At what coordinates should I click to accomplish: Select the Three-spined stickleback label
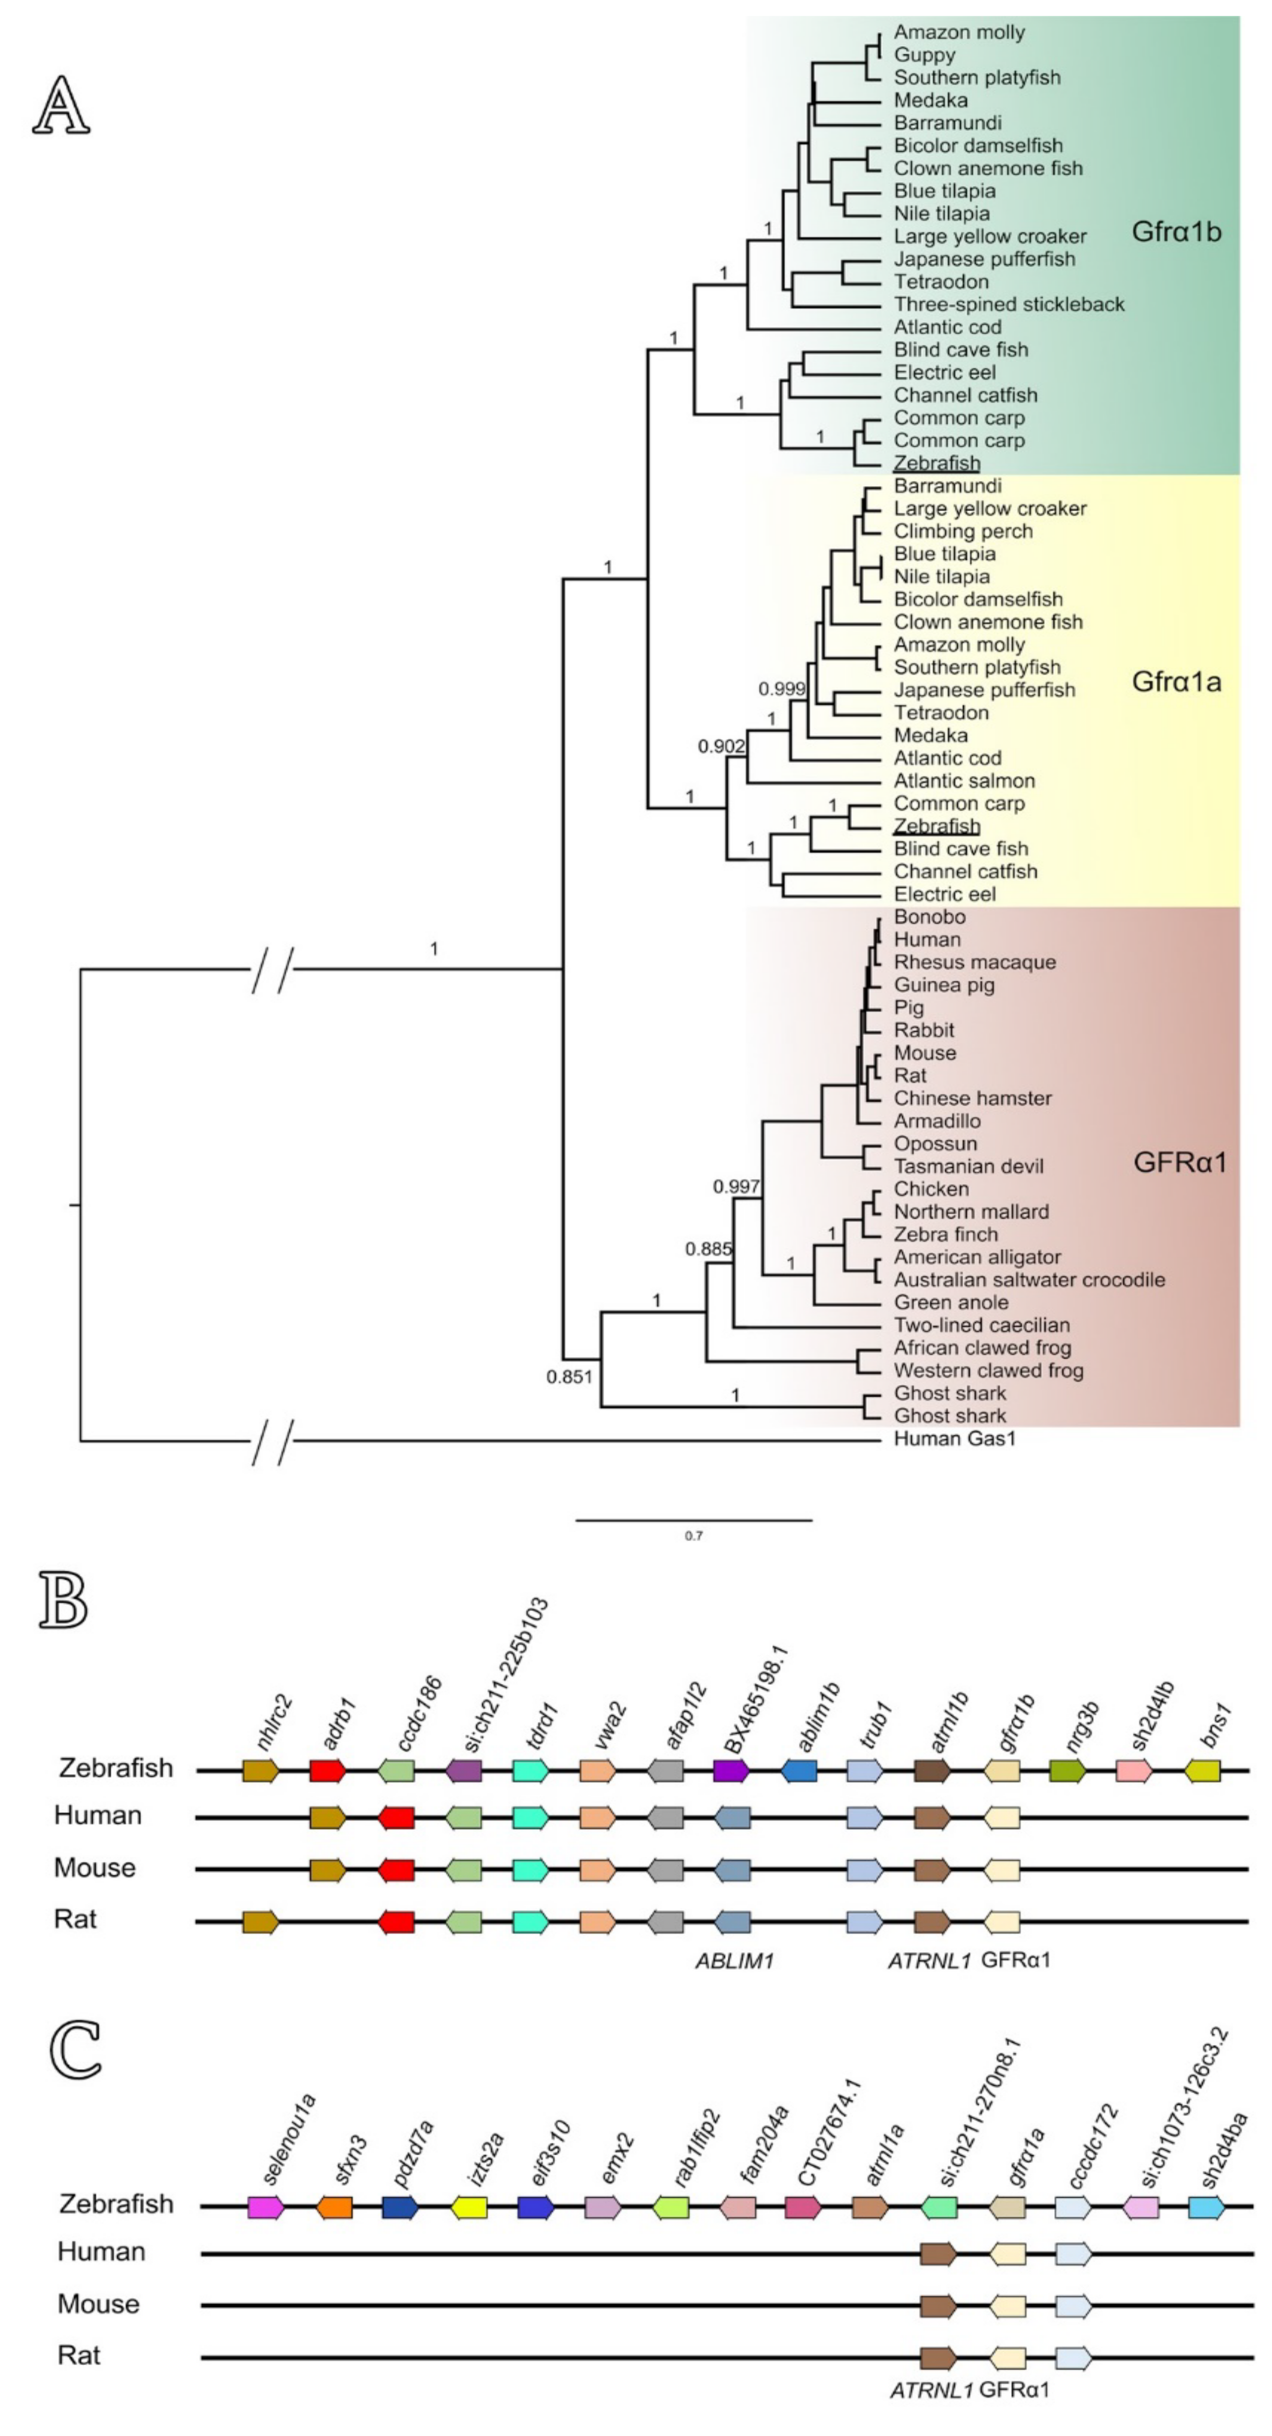[1008, 305]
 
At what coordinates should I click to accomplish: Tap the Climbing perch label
[963, 531]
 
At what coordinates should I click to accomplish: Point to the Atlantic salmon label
[964, 781]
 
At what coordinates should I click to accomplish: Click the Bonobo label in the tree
[930, 917]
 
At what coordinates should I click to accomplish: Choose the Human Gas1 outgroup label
[954, 1439]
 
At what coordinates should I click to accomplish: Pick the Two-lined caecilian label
[982, 1326]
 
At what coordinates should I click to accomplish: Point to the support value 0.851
[569, 1377]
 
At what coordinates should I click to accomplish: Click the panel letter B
[63, 1600]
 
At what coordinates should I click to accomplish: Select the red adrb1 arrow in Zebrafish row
[326, 1770]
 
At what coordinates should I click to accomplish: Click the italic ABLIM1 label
[734, 1961]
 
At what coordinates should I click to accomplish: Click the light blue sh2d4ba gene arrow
[1206, 2207]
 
